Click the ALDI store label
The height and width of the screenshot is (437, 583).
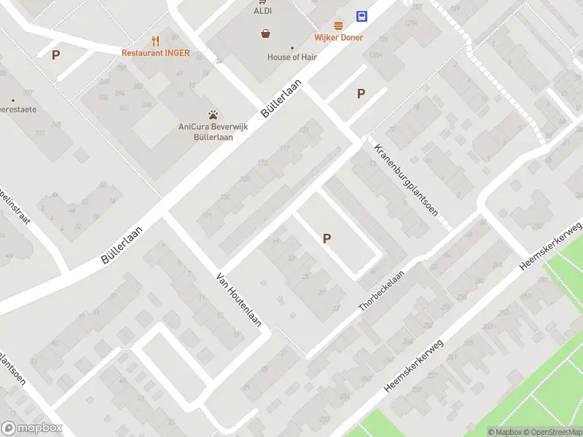tap(262, 11)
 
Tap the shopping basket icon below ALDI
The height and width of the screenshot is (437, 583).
tap(266, 33)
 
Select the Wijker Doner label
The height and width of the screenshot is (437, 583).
tap(338, 37)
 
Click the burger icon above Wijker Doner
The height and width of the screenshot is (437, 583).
tap(338, 25)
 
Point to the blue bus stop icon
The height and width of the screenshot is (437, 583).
tap(361, 16)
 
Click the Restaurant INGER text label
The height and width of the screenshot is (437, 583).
tap(155, 53)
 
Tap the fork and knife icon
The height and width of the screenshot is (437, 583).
tap(155, 41)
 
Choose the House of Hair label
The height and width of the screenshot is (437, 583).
tap(292, 57)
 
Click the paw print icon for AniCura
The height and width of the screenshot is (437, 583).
tap(213, 114)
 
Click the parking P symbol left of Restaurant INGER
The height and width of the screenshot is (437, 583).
tap(55, 55)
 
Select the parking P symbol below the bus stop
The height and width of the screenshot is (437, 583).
tap(360, 93)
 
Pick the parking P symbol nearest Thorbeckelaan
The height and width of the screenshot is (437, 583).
tap(326, 238)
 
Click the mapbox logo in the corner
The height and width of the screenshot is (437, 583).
tap(32, 428)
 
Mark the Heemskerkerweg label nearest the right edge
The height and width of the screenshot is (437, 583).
tap(552, 248)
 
